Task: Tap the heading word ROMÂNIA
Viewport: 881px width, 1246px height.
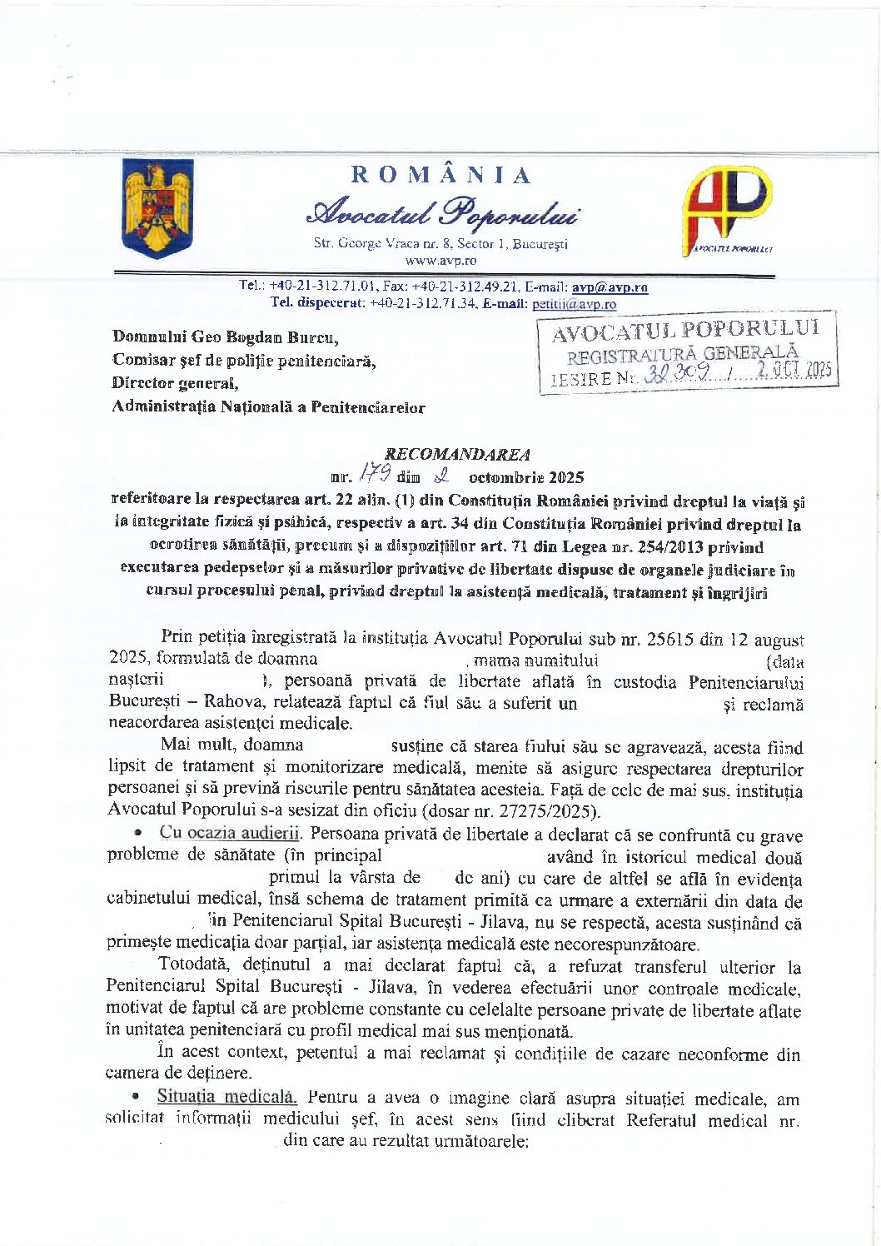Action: click(440, 175)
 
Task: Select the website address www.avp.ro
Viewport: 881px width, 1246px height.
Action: click(440, 260)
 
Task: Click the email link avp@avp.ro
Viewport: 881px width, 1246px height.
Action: click(610, 287)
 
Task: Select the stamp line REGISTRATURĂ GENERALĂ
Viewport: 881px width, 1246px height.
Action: click(683, 355)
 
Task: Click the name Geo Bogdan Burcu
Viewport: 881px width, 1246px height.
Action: click(265, 337)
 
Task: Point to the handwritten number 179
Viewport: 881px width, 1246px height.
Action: click(375, 476)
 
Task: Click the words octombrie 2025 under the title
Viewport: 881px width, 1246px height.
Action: click(526, 477)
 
